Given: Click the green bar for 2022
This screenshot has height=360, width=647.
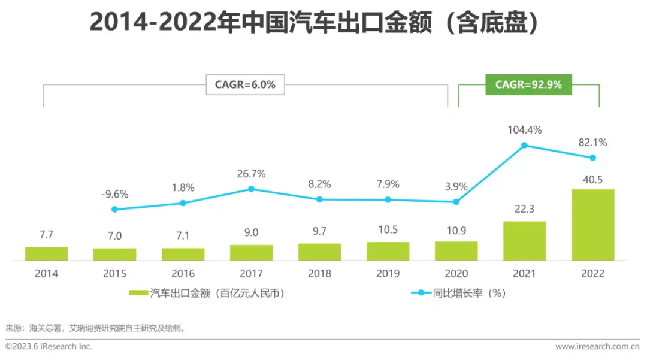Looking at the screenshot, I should tap(592, 225).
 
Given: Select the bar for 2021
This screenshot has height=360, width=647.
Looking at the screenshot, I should tap(524, 241).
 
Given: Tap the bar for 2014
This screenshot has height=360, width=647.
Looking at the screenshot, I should tap(46, 254).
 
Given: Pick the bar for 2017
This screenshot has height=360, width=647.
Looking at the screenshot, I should tap(251, 253).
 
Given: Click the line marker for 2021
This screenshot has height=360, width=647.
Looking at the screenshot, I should tap(524, 145).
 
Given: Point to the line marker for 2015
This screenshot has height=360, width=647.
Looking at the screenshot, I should tap(114, 209).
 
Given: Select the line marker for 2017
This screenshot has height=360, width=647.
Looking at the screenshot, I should tap(251, 189).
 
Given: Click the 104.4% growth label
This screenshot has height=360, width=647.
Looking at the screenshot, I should tap(524, 130).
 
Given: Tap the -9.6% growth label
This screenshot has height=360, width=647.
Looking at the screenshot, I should tap(114, 194).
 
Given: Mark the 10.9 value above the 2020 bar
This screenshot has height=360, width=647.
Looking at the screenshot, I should tap(456, 230).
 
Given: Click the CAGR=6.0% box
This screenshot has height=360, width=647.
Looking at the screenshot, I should tap(245, 85).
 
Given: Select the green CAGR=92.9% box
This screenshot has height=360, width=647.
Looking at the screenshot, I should tap(528, 85).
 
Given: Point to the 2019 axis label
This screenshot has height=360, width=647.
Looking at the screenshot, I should tap(388, 274).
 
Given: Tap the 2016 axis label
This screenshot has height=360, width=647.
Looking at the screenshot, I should tap(183, 274).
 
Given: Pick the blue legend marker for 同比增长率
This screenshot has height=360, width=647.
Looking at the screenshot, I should tap(421, 293).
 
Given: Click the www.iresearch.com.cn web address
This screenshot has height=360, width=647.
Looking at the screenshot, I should tap(597, 346).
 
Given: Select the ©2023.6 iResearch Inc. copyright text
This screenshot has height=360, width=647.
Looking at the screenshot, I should tap(49, 346).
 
